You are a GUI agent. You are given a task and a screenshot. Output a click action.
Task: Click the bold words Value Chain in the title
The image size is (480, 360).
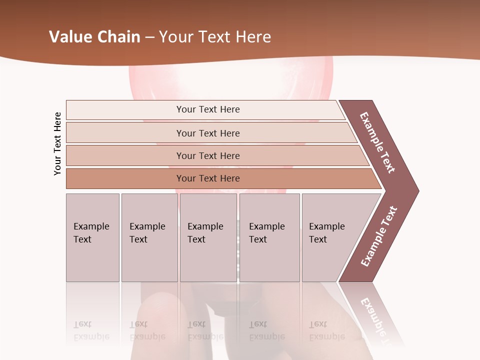(94, 37)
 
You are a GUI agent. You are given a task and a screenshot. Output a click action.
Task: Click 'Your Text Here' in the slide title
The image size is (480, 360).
(215, 37)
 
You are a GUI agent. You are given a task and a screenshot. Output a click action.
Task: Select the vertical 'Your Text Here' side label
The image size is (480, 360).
(57, 143)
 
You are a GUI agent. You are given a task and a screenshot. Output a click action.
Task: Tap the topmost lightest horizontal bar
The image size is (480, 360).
(207, 109)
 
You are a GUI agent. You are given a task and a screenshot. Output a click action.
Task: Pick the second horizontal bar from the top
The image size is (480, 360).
(207, 133)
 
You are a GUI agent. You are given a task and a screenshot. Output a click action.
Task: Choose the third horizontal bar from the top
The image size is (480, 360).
(207, 155)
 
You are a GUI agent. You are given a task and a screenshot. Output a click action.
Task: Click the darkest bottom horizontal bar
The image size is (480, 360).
(207, 178)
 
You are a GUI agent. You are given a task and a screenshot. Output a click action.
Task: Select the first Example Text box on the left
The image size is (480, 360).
(92, 237)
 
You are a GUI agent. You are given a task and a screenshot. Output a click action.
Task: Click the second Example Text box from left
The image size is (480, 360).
(149, 237)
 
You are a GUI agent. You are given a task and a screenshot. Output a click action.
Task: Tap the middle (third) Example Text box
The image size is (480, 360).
(208, 237)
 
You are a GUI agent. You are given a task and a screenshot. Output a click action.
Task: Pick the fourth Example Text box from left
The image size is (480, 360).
(269, 237)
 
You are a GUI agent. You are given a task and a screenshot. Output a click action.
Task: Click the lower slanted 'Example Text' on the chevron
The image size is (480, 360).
(379, 236)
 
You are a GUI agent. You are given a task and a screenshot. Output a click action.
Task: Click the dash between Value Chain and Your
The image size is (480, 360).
(149, 37)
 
